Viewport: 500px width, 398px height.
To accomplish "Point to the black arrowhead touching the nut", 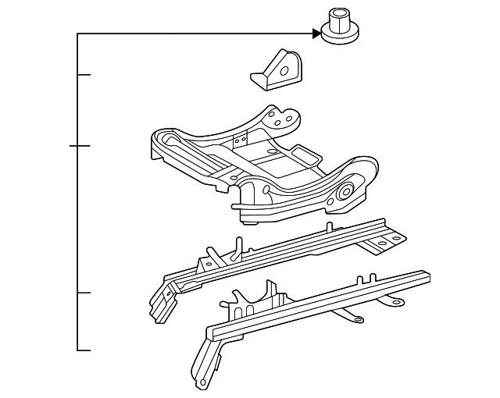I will (316, 33).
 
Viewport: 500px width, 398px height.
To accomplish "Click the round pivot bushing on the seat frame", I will (345, 193).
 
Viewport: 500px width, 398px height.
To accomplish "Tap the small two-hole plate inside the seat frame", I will (240, 140).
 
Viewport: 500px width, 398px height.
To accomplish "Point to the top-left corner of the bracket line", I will (78, 34).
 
